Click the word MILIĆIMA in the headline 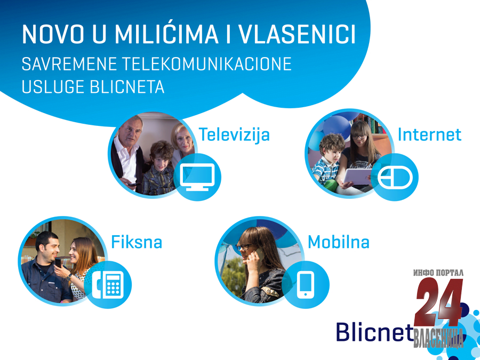coord(166,34)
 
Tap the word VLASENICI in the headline coord(297,34)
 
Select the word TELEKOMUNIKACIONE coord(207,64)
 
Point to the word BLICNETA coord(127,86)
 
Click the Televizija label coord(234,135)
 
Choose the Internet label coord(429,134)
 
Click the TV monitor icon coord(197,177)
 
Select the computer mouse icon coord(395,178)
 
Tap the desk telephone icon coord(108,285)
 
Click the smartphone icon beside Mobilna coord(306,285)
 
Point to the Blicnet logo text coord(375,332)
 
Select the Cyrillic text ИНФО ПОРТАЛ coord(438,273)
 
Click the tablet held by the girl coord(357,177)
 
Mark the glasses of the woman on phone coord(247,247)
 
